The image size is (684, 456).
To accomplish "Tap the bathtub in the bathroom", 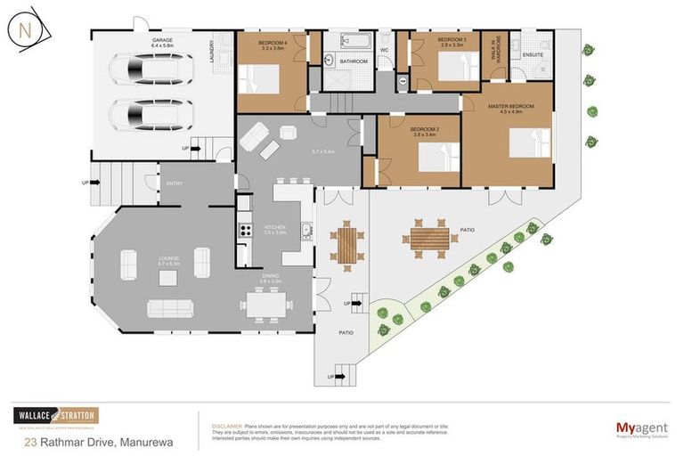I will [342, 42].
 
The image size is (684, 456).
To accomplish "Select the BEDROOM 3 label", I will [453, 40].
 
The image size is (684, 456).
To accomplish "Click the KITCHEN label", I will [275, 228].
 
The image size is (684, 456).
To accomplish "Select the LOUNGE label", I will [169, 259].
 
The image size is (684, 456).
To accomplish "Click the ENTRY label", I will [175, 183].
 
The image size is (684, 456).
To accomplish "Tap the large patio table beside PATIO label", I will [429, 239].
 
